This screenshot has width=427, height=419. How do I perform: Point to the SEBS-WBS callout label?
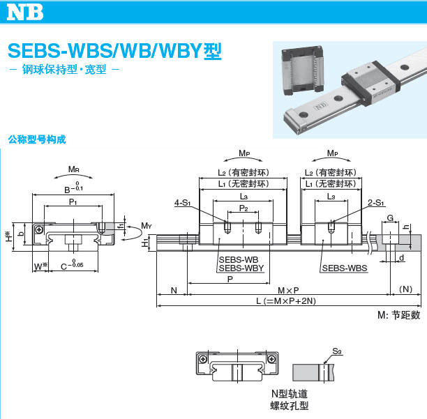click(344, 268)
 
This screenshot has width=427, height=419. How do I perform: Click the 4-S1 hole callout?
click(182, 203)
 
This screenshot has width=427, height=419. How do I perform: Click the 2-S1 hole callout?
click(375, 203)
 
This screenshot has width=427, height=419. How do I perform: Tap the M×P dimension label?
click(287, 289)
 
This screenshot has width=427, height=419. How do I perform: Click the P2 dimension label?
click(243, 208)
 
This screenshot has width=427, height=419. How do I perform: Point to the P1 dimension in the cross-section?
click(73, 201)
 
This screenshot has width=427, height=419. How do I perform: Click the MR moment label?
click(73, 169)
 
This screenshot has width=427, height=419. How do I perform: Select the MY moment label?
click(146, 225)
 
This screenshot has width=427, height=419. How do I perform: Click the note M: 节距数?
click(398, 315)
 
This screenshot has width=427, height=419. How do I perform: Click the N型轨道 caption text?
click(289, 394)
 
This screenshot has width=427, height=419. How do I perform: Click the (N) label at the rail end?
click(406, 289)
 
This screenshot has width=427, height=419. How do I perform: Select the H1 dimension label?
click(145, 243)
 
